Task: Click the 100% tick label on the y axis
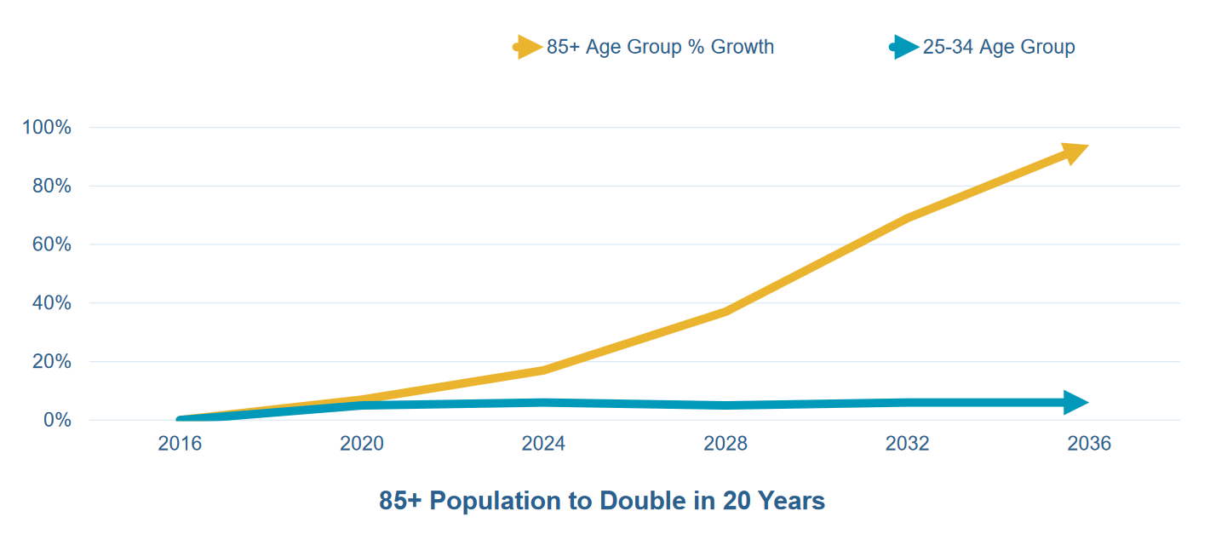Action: click(x=47, y=128)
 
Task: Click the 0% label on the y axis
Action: click(x=55, y=421)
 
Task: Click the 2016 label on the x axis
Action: click(x=180, y=444)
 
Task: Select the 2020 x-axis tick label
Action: click(x=362, y=444)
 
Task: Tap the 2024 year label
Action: click(x=543, y=444)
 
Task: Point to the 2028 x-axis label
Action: click(x=725, y=444)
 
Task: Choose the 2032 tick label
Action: click(x=908, y=444)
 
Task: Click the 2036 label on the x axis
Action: click(x=1089, y=444)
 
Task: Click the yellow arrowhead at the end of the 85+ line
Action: click(x=1074, y=153)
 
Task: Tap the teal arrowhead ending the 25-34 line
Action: click(x=1075, y=403)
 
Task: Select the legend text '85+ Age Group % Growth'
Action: click(x=660, y=47)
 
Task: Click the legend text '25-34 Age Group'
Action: click(x=999, y=47)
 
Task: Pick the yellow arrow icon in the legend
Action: click(x=529, y=47)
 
